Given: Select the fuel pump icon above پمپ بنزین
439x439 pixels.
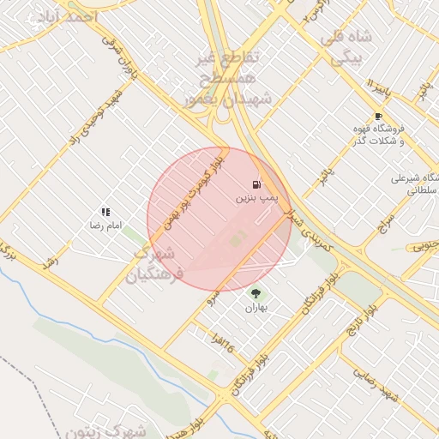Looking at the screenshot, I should [x=256, y=184].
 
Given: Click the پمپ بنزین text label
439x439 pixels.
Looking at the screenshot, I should [x=256, y=198].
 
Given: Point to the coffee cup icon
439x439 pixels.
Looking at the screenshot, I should [x=378, y=116].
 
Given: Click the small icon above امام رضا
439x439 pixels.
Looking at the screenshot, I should [x=105, y=211].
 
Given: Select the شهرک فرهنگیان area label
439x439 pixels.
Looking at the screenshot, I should [x=154, y=265].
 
